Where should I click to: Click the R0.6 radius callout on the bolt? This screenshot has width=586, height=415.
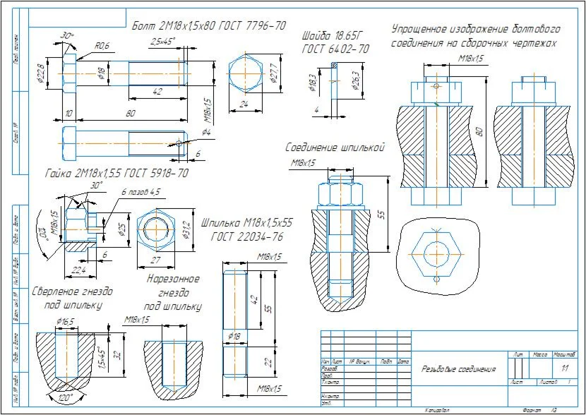102,46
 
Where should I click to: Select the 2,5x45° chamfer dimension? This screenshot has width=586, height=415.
163,42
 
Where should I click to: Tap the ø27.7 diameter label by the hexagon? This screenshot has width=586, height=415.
274,73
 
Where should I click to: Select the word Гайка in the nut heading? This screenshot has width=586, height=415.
59,173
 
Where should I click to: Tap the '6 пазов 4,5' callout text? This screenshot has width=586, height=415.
141,191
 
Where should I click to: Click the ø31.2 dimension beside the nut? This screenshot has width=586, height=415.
188,229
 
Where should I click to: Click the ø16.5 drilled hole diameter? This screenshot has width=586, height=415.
66,322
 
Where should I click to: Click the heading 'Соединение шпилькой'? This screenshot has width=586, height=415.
334,148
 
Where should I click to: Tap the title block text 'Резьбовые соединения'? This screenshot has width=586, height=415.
458,368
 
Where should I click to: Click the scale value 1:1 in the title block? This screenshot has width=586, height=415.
564,368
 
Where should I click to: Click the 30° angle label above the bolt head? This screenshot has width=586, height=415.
67,35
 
